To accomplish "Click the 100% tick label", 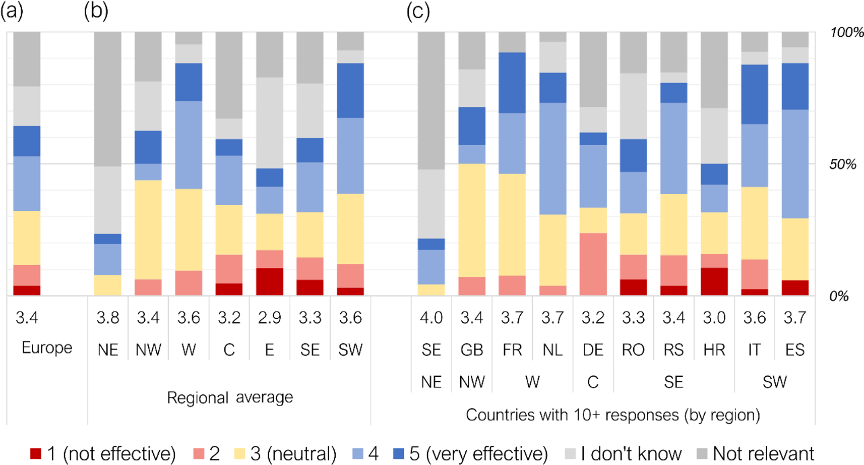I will pos(846,33).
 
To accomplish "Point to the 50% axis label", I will pos(843,164).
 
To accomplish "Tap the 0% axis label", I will pos(839,296).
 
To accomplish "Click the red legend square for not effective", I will pos(35,453).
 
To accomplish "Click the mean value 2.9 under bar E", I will pos(270,318).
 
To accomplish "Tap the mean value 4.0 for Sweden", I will pos(431,318).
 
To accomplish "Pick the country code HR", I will pos(714,350).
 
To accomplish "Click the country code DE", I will pos(593,350).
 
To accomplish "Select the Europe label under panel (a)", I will pos(47,347).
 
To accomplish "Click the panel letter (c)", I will pos(418,11).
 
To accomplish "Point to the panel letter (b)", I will pos(96,11).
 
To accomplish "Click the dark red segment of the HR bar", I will pos(714,281).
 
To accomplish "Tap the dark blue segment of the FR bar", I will pos(512,83).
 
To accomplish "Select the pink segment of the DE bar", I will pos(593,264).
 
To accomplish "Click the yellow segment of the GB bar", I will pos(472,220).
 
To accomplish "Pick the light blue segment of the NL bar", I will pos(552,159).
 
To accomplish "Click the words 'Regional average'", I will pos(230,397).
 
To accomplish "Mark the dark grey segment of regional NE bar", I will pos(108,99).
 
